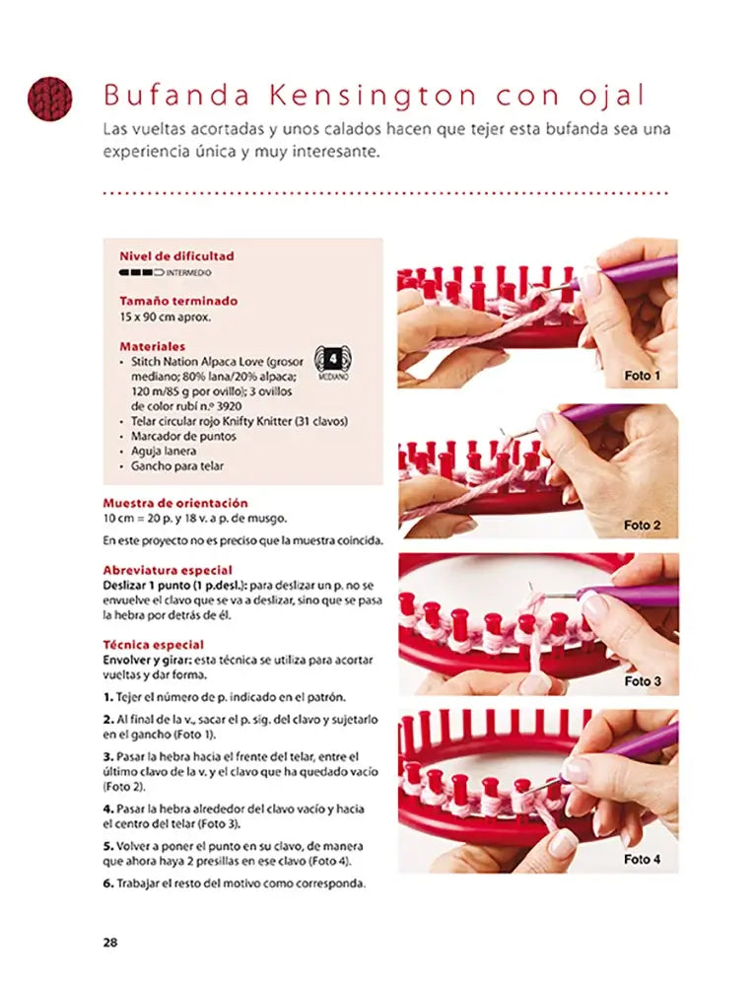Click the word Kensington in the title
[x=373, y=96]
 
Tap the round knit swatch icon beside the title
[x=49, y=100]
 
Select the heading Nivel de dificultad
[x=176, y=256]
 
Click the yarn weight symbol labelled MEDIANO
[x=333, y=363]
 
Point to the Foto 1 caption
[x=642, y=376]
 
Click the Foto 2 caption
[x=642, y=526]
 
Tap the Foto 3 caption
[x=643, y=681]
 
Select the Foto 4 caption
[x=642, y=859]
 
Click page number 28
[x=110, y=942]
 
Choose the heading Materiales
[x=152, y=346]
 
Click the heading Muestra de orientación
[x=175, y=503]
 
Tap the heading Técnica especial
[x=154, y=645]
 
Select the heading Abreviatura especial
[x=168, y=570]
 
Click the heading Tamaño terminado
[x=178, y=301]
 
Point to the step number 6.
[x=108, y=883]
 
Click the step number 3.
[x=108, y=756]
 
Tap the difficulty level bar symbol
[x=141, y=273]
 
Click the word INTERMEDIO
[x=188, y=273]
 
